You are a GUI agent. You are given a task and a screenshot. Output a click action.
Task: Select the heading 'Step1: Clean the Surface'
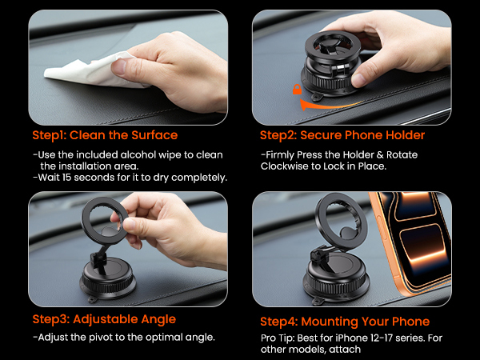click(x=105, y=135)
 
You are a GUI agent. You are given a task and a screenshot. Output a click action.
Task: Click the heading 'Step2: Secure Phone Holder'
click(x=346, y=135)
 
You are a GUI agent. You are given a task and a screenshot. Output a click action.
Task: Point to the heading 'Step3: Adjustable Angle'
click(x=104, y=318)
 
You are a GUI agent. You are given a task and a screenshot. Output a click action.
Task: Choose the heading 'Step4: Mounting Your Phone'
click(x=345, y=322)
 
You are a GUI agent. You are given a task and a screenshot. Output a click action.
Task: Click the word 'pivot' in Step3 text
click(x=94, y=337)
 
